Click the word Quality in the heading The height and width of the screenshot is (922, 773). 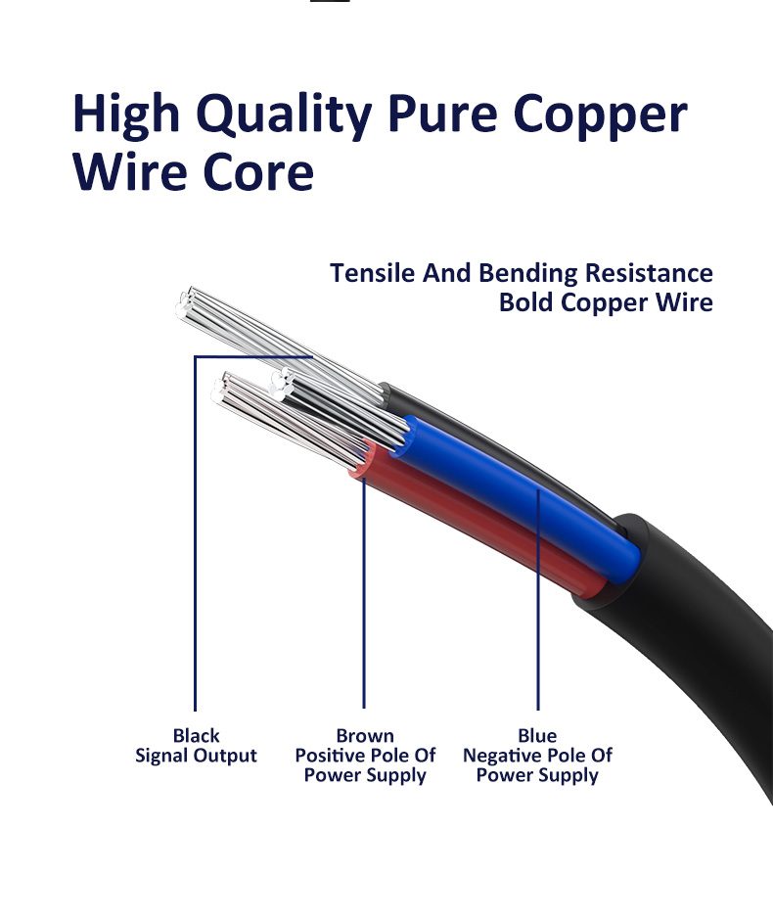[x=284, y=115]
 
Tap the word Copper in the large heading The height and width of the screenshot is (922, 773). [x=601, y=115]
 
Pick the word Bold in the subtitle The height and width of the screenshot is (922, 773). [x=526, y=302]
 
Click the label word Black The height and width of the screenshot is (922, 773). [x=196, y=736]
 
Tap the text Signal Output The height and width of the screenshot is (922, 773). [x=196, y=756]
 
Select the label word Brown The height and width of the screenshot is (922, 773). [x=365, y=736]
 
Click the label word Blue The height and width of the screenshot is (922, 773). [x=537, y=736]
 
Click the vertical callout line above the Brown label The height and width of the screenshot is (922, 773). [x=364, y=607]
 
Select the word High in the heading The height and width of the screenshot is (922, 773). [x=127, y=115]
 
